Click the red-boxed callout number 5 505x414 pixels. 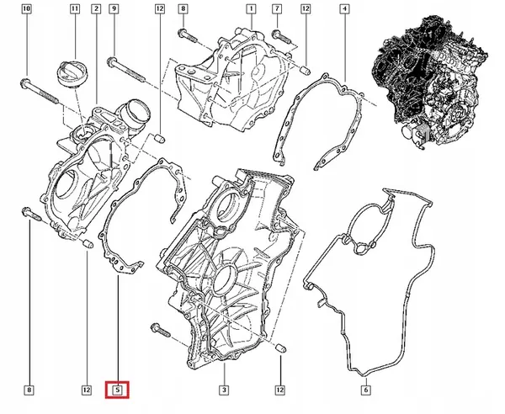118,390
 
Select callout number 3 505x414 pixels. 225,390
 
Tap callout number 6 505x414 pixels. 366,390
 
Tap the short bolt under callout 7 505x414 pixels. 282,34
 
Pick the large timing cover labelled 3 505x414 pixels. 227,261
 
